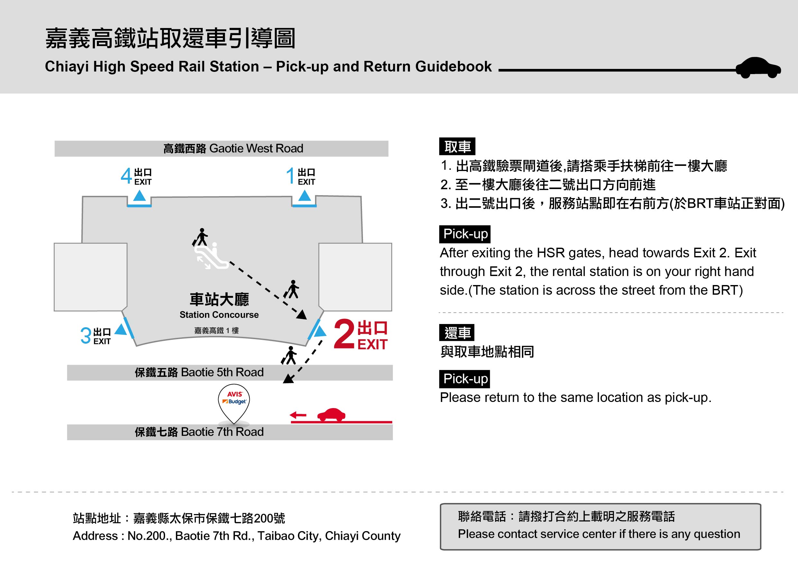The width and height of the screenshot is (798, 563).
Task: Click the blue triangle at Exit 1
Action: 304,196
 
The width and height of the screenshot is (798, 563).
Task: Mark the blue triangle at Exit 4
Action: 139,196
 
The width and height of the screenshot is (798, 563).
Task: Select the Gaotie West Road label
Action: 233,148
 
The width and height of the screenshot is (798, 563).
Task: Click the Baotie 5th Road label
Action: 199,372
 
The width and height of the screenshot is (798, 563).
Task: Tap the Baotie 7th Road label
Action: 199,432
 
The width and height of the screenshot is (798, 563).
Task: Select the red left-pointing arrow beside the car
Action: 298,415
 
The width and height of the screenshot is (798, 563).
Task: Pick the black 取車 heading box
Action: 457,147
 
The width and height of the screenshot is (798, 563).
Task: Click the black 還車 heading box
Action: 457,333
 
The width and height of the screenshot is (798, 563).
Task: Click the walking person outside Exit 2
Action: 289,355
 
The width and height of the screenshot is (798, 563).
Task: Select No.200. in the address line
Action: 149,536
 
